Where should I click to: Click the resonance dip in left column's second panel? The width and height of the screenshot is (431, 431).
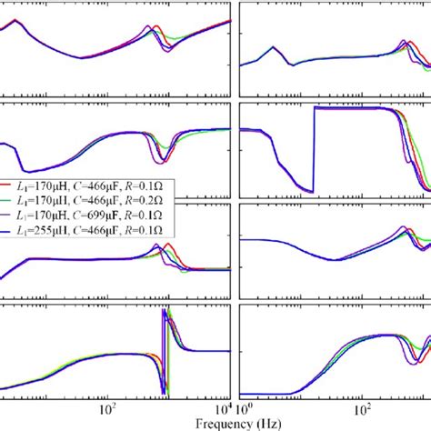tap(164, 159)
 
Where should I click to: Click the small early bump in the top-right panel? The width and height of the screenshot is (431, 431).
tap(272, 48)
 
